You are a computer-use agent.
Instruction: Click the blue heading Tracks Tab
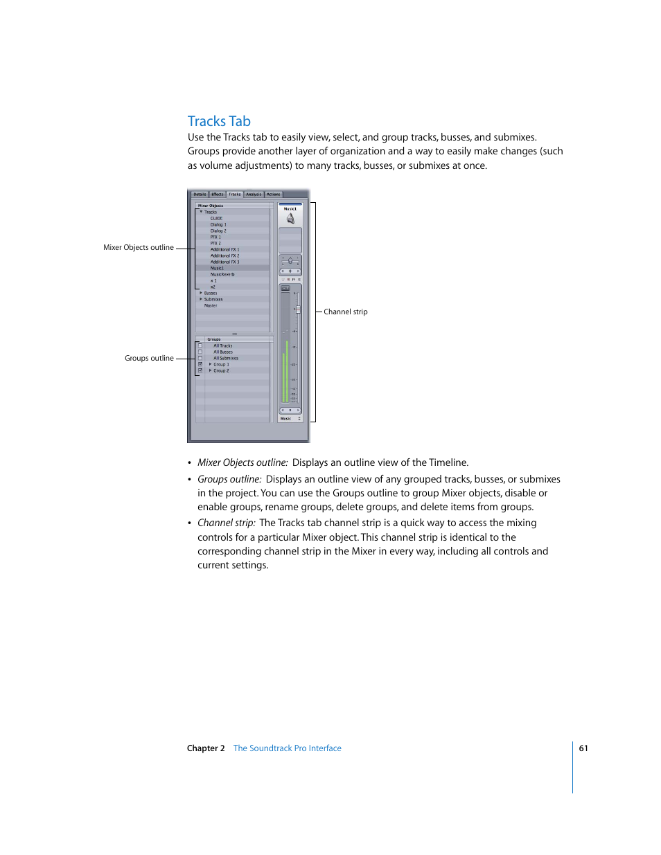click(x=219, y=121)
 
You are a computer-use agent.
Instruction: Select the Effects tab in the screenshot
click(x=218, y=195)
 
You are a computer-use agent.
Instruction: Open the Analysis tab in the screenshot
click(x=254, y=195)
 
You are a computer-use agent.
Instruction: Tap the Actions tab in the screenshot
click(x=274, y=195)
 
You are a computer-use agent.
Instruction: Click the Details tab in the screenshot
click(x=200, y=195)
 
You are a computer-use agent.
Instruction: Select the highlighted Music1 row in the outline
click(x=218, y=269)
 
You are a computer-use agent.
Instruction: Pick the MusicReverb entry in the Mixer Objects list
click(x=222, y=275)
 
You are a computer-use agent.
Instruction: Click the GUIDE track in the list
click(x=216, y=219)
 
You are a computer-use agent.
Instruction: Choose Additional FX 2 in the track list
click(x=224, y=256)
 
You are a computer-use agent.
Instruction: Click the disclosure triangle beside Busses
click(x=201, y=294)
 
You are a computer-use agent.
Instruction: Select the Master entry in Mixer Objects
click(x=211, y=306)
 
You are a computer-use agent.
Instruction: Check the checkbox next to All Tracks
click(x=200, y=346)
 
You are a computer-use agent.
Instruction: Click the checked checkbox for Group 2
click(x=200, y=371)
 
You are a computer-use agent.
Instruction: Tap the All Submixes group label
click(x=226, y=359)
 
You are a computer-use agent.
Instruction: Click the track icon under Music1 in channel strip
click(x=290, y=219)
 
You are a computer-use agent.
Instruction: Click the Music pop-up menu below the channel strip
click(x=290, y=419)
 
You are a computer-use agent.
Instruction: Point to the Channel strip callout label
click(x=346, y=312)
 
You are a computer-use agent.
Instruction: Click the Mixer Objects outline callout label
click(x=139, y=248)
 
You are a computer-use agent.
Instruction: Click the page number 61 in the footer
click(x=583, y=748)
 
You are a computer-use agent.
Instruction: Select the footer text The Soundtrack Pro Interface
click(x=287, y=748)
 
